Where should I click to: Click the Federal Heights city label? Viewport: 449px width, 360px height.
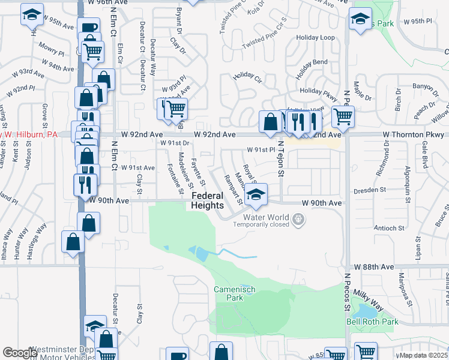click(207, 200)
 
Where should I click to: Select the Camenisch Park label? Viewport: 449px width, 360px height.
click(235, 293)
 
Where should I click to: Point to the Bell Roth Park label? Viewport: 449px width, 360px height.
click(372, 322)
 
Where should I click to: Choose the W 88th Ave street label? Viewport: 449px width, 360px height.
click(373, 266)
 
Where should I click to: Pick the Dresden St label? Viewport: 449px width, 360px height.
click(369, 190)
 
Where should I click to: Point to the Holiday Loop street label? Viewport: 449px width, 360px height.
click(315, 37)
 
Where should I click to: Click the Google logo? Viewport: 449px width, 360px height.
click(20, 353)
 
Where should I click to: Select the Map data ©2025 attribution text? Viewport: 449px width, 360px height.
click(424, 355)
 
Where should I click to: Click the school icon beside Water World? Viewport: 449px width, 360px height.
click(256, 194)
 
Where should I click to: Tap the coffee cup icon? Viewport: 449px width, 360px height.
click(89, 28)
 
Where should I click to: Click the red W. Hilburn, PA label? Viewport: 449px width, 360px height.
click(28, 134)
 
